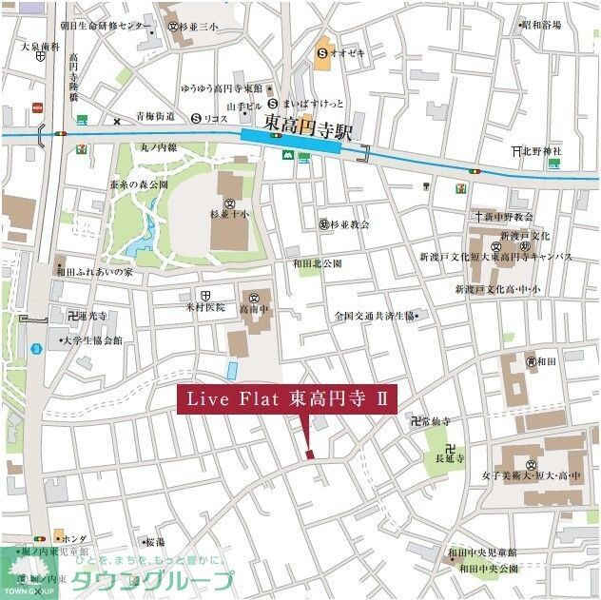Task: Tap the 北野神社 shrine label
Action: [x=544, y=150]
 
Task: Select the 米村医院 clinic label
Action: [x=205, y=307]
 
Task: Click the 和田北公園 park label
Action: [x=317, y=263]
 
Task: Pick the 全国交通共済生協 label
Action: [x=376, y=316]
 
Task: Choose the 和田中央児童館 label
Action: [x=484, y=552]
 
